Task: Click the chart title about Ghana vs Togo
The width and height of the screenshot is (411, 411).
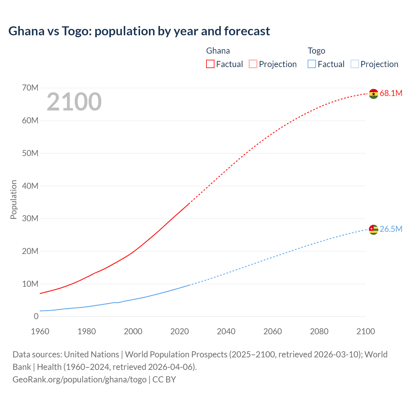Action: (x=139, y=31)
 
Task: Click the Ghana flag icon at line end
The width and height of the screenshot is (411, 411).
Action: (x=373, y=94)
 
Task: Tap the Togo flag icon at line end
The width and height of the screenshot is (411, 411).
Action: (x=373, y=230)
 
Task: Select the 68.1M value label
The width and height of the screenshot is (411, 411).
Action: (x=391, y=93)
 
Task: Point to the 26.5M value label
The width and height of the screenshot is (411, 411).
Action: (x=391, y=229)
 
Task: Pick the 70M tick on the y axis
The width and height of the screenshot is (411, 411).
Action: (x=30, y=88)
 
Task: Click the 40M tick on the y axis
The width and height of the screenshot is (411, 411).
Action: (x=30, y=186)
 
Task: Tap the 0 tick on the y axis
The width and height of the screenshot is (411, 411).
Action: (x=36, y=317)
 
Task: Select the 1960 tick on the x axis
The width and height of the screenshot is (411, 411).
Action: (x=40, y=331)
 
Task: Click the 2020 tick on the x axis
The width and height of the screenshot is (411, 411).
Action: (x=179, y=331)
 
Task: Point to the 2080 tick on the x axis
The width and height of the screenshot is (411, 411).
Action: (x=319, y=331)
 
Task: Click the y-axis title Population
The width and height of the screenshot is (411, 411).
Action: (x=13, y=199)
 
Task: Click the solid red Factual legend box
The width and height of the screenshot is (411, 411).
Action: (x=210, y=64)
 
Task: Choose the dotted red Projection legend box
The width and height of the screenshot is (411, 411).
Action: (x=253, y=64)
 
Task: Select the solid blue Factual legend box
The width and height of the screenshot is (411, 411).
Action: (x=312, y=64)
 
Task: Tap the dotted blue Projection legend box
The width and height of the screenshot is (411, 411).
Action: (x=355, y=64)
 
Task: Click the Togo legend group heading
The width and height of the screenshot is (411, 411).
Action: (x=316, y=51)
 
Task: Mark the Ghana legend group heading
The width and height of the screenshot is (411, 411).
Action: (x=218, y=51)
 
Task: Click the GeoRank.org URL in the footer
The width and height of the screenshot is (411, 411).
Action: (x=79, y=380)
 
